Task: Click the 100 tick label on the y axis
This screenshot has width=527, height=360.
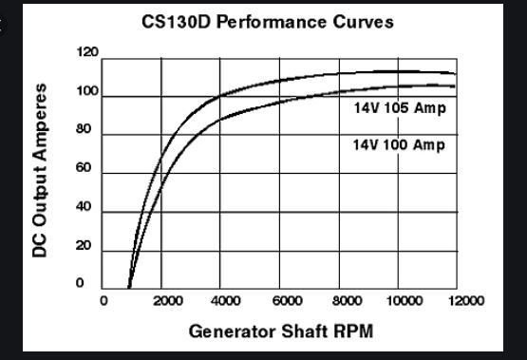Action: click(85, 91)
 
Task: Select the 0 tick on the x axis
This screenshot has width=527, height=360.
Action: click(104, 301)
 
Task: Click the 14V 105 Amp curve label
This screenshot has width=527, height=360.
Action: click(398, 108)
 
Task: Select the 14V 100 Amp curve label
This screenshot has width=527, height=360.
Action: click(398, 145)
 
